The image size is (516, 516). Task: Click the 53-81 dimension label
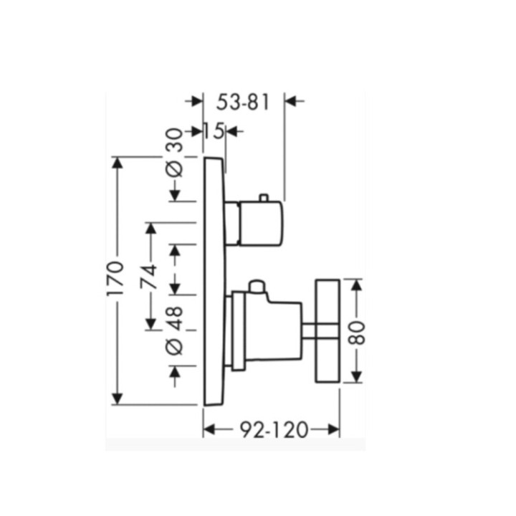(x=243, y=102)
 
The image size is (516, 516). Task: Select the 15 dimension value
(x=214, y=131)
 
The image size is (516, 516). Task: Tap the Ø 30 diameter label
(x=174, y=153)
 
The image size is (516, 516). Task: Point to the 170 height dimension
(x=117, y=278)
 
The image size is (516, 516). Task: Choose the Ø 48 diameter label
(x=174, y=330)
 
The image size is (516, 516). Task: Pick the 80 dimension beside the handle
(x=357, y=333)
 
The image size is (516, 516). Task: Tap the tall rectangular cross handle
(x=328, y=331)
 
